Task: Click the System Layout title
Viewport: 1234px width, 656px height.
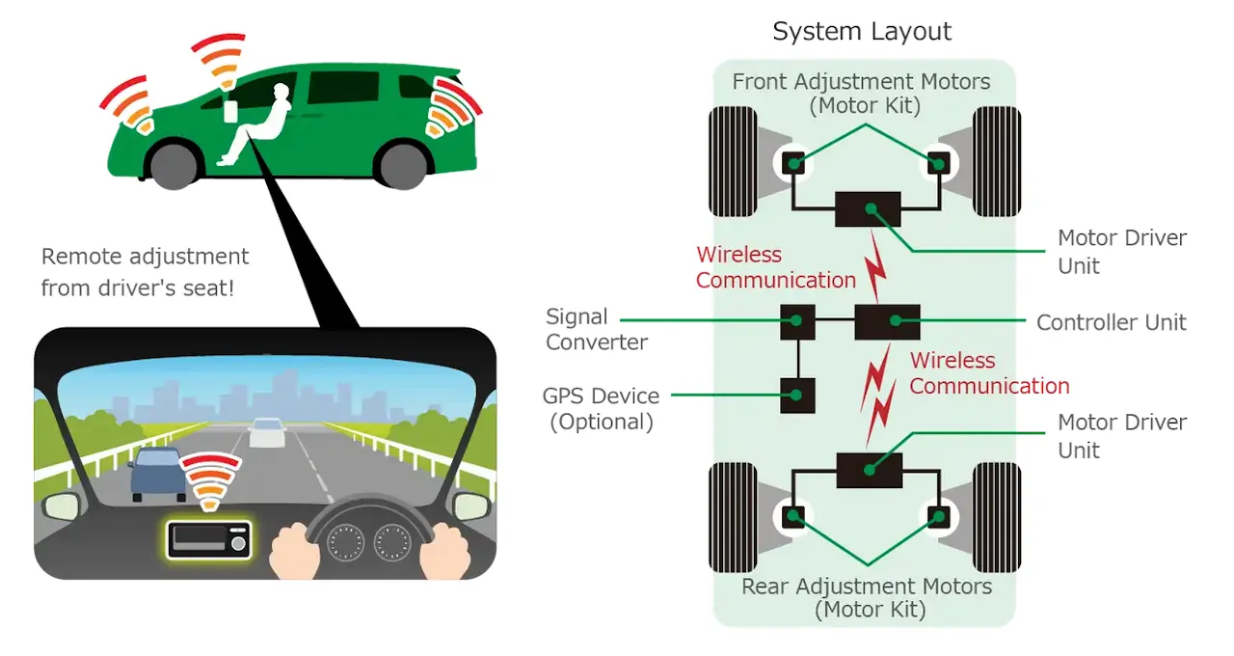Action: (862, 32)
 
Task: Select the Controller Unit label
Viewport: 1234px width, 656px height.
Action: (1111, 322)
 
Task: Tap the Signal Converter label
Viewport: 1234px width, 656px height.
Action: (596, 329)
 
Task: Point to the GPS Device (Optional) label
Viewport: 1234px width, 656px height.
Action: (601, 408)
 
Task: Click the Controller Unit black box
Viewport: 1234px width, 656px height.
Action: (887, 321)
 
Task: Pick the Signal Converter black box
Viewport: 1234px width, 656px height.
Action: (797, 321)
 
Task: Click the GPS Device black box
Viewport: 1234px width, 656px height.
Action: (797, 395)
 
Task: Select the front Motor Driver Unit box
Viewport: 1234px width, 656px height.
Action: (868, 208)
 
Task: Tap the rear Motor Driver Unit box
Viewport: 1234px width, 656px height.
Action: (869, 470)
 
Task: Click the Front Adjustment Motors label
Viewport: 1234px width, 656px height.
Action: (861, 93)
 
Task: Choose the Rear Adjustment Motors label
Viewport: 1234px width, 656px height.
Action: (866, 597)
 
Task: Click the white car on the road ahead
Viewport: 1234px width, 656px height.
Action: (266, 433)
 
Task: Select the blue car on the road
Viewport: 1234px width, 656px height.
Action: (157, 472)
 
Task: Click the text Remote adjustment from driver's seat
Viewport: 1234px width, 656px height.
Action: (145, 271)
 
